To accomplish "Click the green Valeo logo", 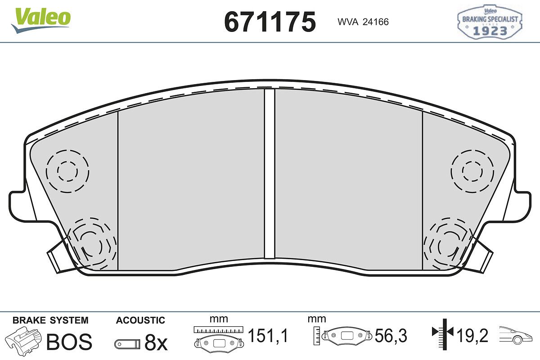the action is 41,20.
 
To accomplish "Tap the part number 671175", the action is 270,22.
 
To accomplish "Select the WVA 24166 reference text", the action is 363,22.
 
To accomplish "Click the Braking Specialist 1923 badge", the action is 490,22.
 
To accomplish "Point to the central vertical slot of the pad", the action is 270,174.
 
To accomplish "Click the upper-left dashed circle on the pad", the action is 67,171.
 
